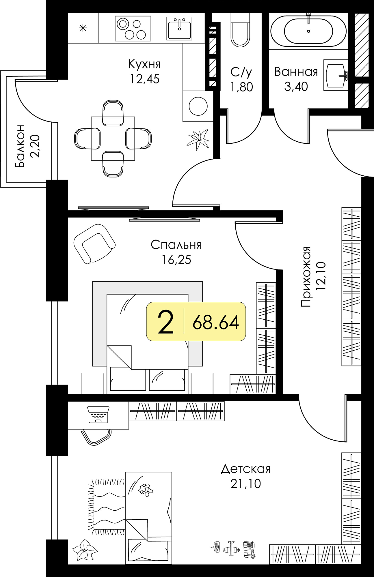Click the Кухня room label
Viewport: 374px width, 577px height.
pyautogui.click(x=144, y=64)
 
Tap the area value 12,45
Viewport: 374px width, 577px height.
pyautogui.click(x=145, y=79)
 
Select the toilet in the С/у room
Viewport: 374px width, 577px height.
pyautogui.click(x=240, y=29)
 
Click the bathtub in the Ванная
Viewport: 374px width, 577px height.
pyautogui.click(x=308, y=31)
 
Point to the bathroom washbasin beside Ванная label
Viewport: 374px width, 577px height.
pyautogui.click(x=336, y=75)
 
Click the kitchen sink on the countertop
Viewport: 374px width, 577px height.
pyautogui.click(x=179, y=28)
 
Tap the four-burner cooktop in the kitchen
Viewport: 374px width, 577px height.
pyautogui.click(x=133, y=28)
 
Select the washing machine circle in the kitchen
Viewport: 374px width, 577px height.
pyautogui.click(x=198, y=106)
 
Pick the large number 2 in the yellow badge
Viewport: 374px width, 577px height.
pyautogui.click(x=165, y=322)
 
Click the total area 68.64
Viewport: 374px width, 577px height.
pyautogui.click(x=216, y=322)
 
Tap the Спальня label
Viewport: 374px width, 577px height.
pyautogui.click(x=176, y=245)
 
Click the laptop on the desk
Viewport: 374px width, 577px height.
pyautogui.click(x=98, y=415)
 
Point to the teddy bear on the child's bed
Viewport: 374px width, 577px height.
pyautogui.click(x=146, y=490)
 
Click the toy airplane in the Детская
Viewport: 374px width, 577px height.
pyautogui.click(x=231, y=548)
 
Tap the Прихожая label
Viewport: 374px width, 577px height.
pyautogui.click(x=306, y=276)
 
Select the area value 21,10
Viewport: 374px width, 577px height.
pyautogui.click(x=246, y=484)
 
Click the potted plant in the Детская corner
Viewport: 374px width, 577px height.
pyautogui.click(x=84, y=550)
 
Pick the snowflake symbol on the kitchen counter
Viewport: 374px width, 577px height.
pyautogui.click(x=83, y=28)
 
